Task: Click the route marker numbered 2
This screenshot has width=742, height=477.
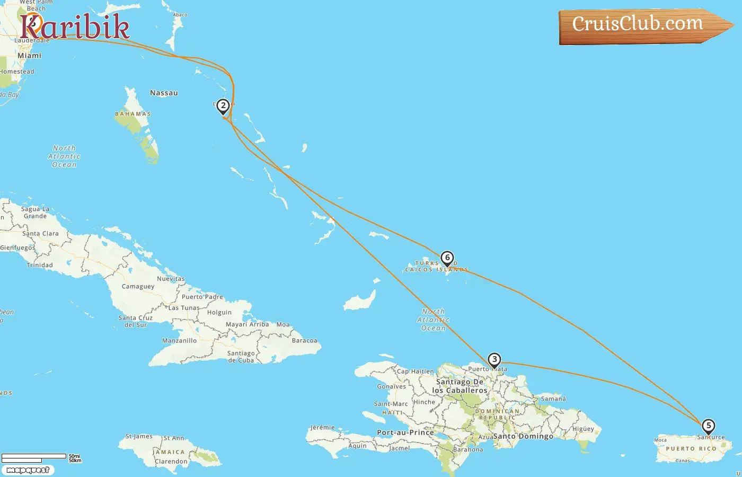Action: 223,106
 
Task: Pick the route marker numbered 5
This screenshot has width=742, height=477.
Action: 708,426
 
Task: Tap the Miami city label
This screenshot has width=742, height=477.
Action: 29,56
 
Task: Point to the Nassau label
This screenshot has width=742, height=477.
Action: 164,93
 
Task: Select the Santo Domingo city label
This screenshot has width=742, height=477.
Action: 523,436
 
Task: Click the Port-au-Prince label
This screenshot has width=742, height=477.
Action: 405,432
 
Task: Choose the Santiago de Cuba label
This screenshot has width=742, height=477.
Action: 241,357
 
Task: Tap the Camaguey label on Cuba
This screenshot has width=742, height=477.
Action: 138,287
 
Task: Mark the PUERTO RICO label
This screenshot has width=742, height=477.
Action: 691,449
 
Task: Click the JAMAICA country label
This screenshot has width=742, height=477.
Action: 170,452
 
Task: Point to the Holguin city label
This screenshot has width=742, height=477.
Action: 219,313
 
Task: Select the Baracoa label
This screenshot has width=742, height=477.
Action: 304,341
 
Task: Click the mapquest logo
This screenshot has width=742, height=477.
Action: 28,470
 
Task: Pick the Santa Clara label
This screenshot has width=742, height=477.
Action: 40,234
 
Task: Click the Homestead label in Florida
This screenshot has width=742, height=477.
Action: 17,72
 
